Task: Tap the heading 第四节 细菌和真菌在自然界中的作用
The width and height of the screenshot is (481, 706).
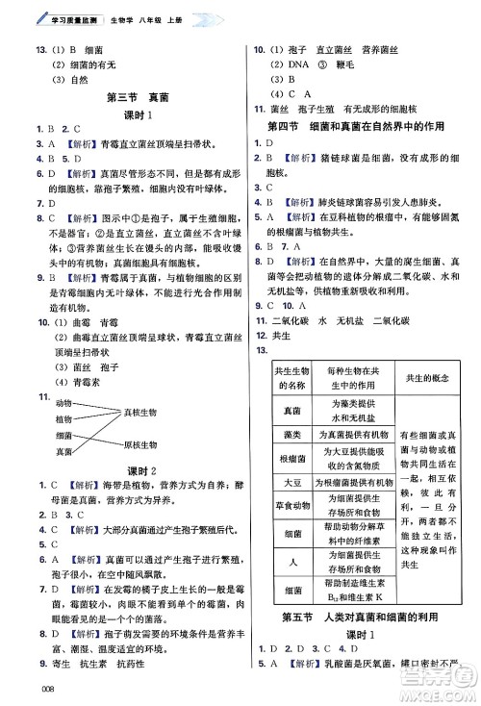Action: (x=358, y=126)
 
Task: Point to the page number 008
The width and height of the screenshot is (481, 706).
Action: (x=39, y=686)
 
